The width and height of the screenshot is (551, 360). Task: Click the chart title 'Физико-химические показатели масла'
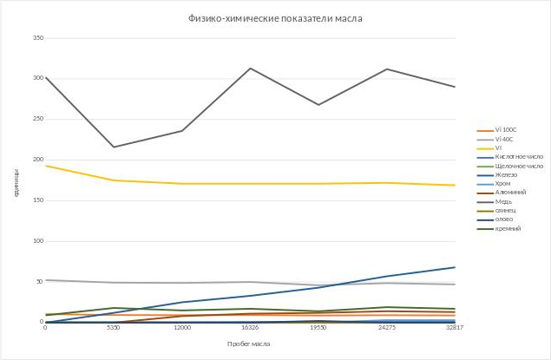(275, 18)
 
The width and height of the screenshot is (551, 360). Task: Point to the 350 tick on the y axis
(37, 38)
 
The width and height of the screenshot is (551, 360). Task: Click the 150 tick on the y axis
(37, 200)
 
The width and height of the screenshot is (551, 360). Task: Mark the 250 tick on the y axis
(37, 119)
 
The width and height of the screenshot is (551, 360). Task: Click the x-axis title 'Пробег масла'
(249, 344)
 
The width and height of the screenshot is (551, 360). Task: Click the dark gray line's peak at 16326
(250, 69)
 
